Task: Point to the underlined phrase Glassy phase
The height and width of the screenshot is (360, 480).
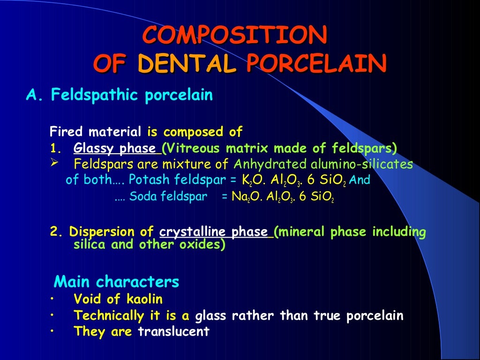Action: point(116,149)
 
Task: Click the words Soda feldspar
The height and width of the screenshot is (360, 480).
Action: point(168,197)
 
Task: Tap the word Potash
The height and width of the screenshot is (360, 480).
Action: point(145,180)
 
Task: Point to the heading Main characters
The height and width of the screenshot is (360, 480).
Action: point(116,282)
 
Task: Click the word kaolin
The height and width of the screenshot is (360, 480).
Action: point(145,299)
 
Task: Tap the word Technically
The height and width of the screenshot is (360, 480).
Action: point(107,315)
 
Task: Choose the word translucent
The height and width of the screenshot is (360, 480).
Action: point(173,331)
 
